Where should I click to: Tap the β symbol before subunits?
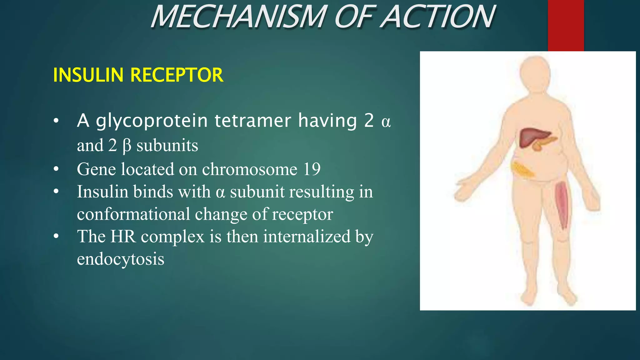[x=127, y=146]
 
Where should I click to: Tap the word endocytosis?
[x=121, y=259]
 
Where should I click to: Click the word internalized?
[x=307, y=236]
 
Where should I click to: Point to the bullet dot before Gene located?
[x=56, y=169]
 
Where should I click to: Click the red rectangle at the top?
[x=566, y=25]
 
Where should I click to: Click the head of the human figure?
[x=535, y=73]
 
